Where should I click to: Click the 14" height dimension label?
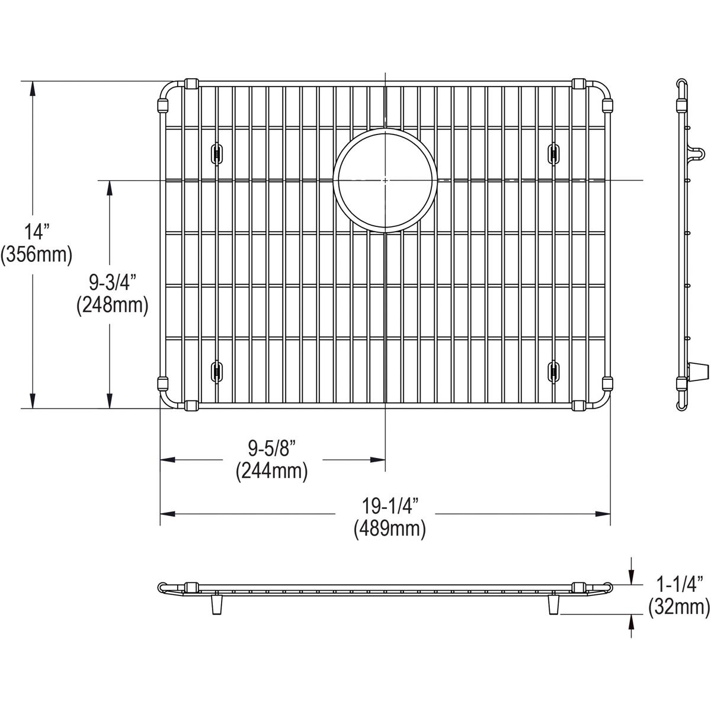(x=37, y=230)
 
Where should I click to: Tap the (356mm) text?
(x=37, y=255)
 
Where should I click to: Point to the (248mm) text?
(x=111, y=305)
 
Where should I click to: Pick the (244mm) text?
(x=271, y=472)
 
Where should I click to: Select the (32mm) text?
(x=678, y=607)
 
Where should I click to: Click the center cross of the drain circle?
(x=386, y=180)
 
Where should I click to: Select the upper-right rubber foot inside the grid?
(x=553, y=152)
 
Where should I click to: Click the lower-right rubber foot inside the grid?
(x=553, y=371)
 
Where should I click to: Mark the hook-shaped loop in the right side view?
(x=698, y=155)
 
